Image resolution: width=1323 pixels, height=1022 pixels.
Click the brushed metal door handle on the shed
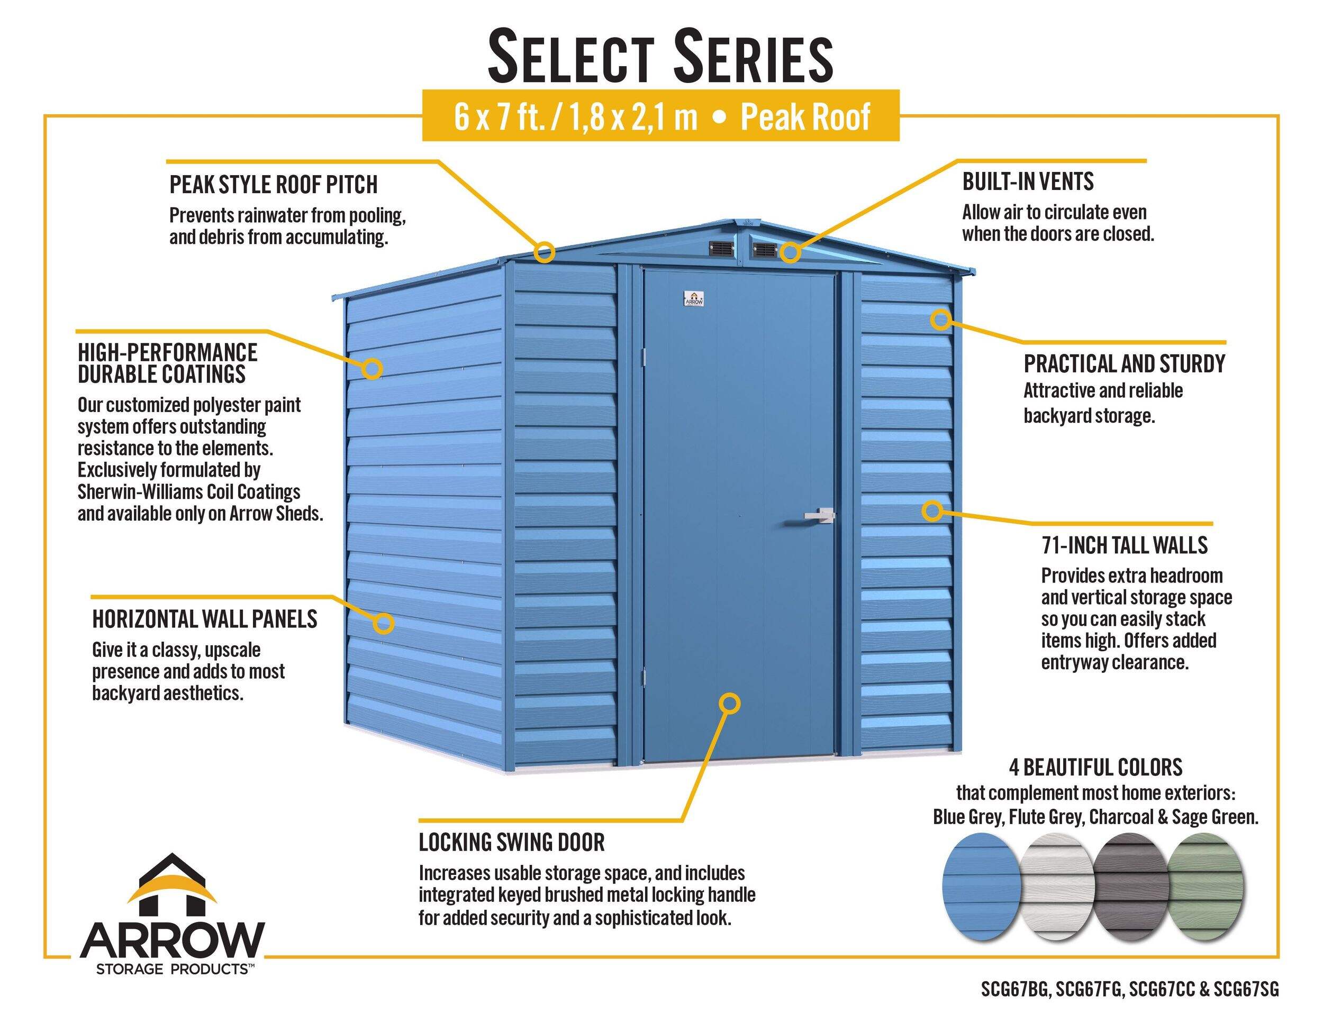click(820, 515)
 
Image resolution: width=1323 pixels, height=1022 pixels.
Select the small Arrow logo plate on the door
click(694, 299)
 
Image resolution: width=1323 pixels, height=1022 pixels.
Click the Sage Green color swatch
click(1205, 887)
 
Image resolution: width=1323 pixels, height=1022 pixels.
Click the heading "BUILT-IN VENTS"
click(1028, 181)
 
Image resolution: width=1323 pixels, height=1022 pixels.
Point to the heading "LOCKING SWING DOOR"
click(512, 842)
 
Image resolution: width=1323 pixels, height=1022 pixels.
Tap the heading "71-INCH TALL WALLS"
click(1125, 545)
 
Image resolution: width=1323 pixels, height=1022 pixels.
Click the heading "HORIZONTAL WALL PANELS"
click(205, 619)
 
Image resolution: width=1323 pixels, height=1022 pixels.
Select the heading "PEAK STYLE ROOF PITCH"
click(273, 185)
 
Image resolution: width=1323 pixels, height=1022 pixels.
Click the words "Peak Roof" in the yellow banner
click(805, 117)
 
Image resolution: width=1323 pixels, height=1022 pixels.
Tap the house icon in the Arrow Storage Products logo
click(172, 884)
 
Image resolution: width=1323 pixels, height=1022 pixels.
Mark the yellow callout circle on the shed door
click(730, 703)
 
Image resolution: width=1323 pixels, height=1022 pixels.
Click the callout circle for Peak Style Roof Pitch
click(544, 251)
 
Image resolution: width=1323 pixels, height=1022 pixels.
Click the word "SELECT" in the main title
click(570, 58)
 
